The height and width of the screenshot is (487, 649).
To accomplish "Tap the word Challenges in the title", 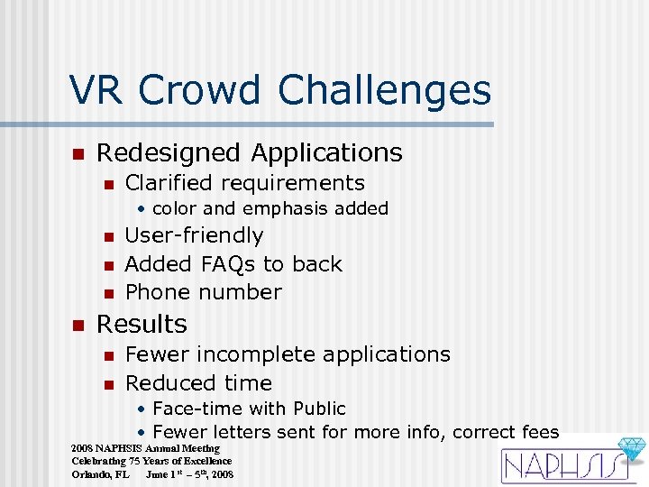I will pyautogui.click(x=385, y=91).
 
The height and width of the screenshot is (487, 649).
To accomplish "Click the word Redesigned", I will pyautogui.click(x=168, y=153).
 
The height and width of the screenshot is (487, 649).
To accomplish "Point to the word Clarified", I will pyautogui.click(x=168, y=183).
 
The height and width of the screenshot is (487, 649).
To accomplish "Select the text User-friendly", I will pyautogui.click(x=194, y=236).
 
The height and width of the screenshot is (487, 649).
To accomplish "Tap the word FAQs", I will pyautogui.click(x=224, y=264).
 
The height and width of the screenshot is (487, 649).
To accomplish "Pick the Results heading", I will pyautogui.click(x=142, y=324).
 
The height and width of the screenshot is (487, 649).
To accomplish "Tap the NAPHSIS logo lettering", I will pyautogui.click(x=559, y=465).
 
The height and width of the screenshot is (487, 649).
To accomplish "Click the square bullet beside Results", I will pyautogui.click(x=78, y=325).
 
